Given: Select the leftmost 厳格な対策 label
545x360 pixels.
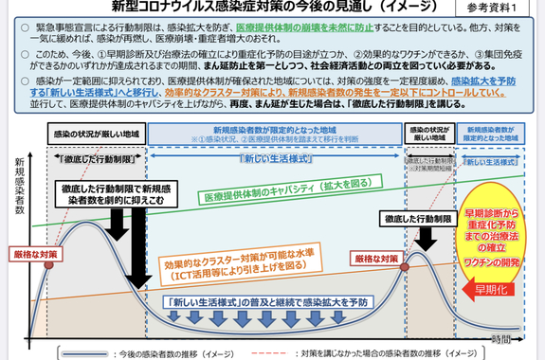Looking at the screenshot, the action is (x=33, y=254).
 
